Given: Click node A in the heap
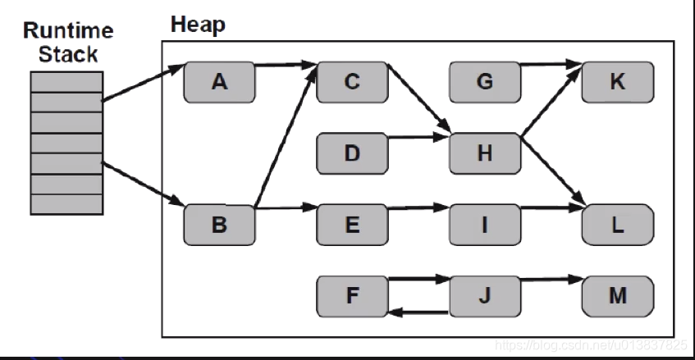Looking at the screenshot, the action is tap(219, 82).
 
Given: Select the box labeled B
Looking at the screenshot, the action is tap(219, 225).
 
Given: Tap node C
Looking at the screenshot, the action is tap(352, 82).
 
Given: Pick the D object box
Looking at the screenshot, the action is tap(352, 153).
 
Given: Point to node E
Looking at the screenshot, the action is tap(352, 225).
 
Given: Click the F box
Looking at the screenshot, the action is tap(352, 296).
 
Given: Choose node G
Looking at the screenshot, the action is tap(485, 82).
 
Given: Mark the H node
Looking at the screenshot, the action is tap(485, 153).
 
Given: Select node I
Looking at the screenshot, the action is tap(485, 225).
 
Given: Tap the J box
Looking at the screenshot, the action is tap(485, 296).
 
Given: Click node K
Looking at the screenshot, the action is tap(618, 82).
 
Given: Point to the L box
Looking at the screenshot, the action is tap(618, 225).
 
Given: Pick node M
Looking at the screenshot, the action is tap(618, 296).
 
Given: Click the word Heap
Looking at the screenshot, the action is tap(198, 25).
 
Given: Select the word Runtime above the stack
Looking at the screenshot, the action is tap(68, 31).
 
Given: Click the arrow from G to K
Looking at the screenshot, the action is tap(551, 65).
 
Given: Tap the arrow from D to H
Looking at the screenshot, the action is tap(418, 137).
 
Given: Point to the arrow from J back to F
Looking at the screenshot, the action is tap(418, 312).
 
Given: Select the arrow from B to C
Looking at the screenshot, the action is tap(286, 136).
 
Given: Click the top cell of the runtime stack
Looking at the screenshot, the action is tap(67, 82).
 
